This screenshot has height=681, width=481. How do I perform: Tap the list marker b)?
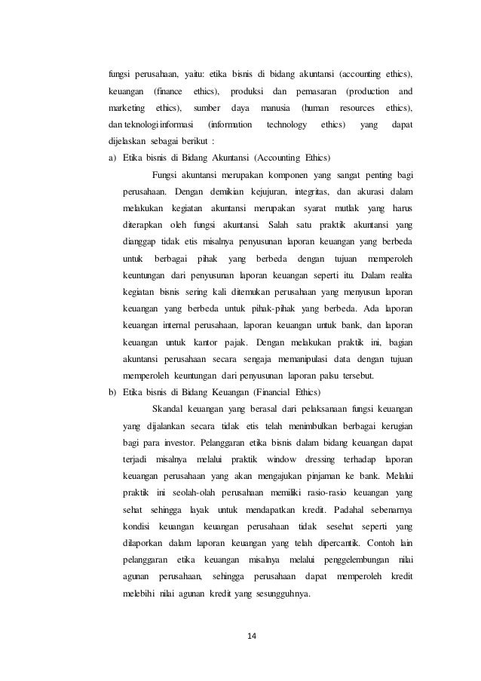coord(113,392)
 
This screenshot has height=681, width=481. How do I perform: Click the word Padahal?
coord(317,509)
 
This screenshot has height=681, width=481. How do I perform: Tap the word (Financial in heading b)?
coord(278,392)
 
